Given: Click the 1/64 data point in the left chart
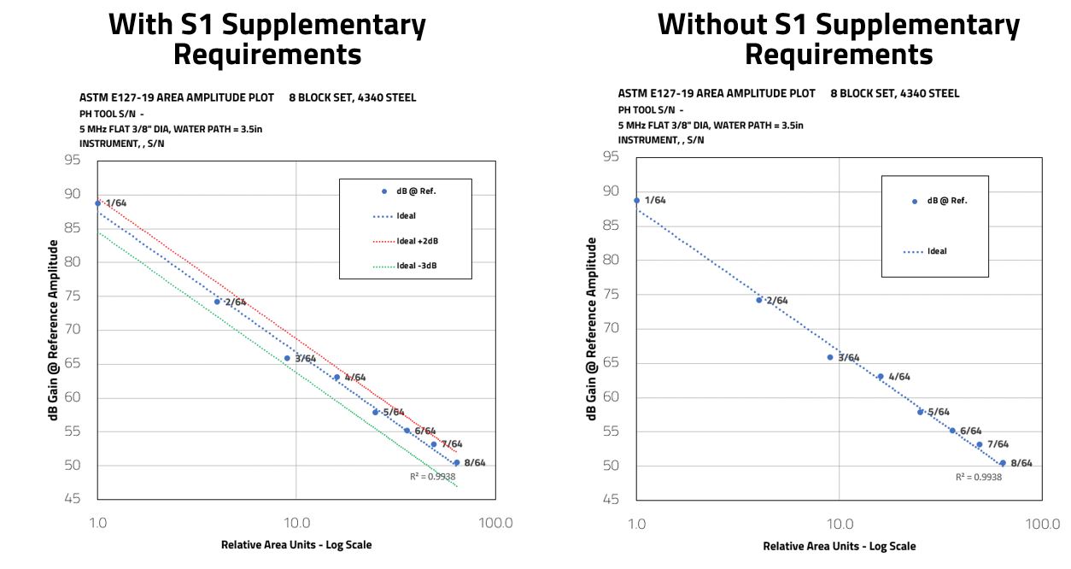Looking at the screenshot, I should pyautogui.click(x=97, y=203).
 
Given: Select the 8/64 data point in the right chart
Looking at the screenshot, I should pyautogui.click(x=1003, y=463).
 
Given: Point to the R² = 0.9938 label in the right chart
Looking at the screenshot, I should pyautogui.click(x=979, y=478).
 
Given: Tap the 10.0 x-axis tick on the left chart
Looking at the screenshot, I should pyautogui.click(x=296, y=523).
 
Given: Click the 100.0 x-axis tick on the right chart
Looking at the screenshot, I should pyautogui.click(x=1043, y=523).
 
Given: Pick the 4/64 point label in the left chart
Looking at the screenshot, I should pyautogui.click(x=354, y=378).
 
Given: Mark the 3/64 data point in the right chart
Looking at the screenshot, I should pyautogui.click(x=829, y=357).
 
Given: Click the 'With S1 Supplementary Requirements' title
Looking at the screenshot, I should pyautogui.click(x=267, y=39).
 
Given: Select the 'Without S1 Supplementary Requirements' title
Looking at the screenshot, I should pyautogui.click(x=839, y=39).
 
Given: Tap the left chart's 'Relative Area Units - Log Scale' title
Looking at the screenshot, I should pyautogui.click(x=296, y=545).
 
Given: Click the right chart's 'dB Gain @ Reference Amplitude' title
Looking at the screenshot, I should pyautogui.click(x=592, y=328).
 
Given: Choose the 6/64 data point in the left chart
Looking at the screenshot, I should pyautogui.click(x=407, y=431).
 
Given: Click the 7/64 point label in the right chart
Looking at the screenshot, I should pyautogui.click(x=998, y=444).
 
